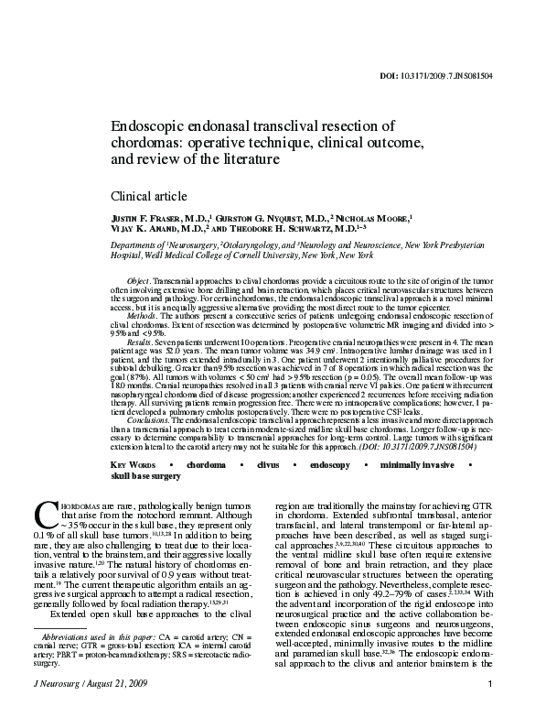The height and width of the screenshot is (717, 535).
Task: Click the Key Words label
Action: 135,466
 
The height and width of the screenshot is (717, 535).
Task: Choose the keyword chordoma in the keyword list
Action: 206,466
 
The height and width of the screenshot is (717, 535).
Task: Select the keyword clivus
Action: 267,466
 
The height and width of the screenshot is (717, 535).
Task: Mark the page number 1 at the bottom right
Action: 491,684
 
